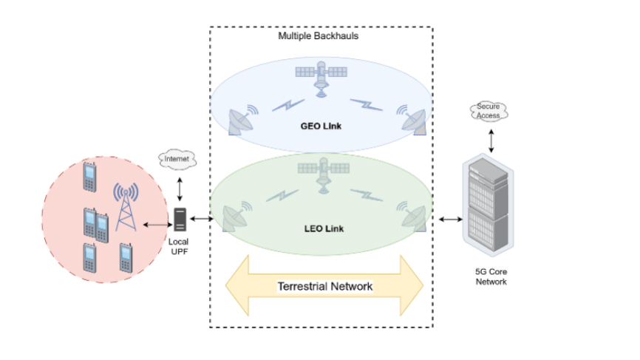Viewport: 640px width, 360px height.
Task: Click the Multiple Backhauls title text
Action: [x=319, y=35]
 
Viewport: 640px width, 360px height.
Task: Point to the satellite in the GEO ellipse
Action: [x=321, y=78]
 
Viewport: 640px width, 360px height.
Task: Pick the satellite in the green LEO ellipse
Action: [x=321, y=174]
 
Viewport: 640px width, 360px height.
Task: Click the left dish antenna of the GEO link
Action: [x=242, y=120]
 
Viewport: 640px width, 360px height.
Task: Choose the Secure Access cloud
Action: [x=488, y=112]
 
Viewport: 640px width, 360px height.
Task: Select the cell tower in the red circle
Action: [x=126, y=204]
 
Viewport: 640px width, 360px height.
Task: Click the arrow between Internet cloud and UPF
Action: [x=180, y=188]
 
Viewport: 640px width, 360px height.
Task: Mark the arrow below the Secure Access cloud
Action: [x=488, y=138]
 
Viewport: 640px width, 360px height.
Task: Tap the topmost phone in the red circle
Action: [x=89, y=176]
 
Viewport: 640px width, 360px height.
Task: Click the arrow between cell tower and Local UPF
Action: [x=156, y=224]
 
